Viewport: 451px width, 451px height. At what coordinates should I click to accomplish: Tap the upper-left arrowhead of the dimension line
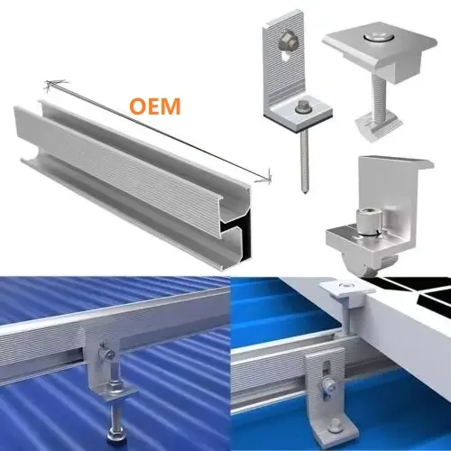click(51, 86)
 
